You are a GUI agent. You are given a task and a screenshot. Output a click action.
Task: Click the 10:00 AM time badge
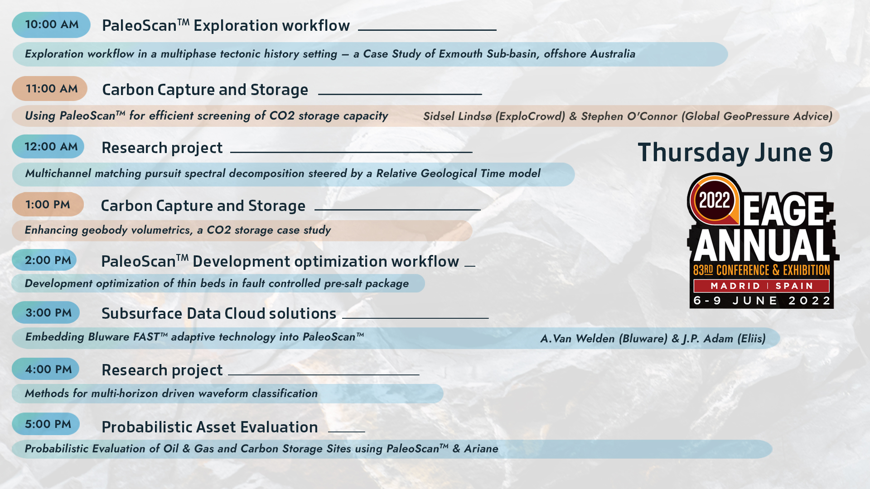click(x=51, y=25)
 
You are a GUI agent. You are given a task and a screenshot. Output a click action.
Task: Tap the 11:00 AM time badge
click(x=50, y=89)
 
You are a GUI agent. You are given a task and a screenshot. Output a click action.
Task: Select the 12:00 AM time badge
click(x=48, y=147)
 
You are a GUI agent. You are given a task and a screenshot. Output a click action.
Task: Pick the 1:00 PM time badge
click(x=48, y=205)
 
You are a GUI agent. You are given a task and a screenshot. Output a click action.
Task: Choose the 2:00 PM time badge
click(x=44, y=260)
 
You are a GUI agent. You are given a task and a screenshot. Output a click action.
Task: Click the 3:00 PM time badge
click(x=46, y=313)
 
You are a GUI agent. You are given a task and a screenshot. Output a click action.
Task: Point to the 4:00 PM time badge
click(x=46, y=369)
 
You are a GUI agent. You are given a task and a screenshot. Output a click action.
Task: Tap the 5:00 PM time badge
click(x=46, y=424)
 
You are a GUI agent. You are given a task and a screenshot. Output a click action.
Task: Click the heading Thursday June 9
click(x=735, y=153)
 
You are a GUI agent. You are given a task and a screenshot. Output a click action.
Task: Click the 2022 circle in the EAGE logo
click(x=715, y=200)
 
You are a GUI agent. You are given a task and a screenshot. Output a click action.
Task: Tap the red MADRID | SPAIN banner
click(x=761, y=286)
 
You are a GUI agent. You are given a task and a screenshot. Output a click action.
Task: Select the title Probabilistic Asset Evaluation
click(x=210, y=427)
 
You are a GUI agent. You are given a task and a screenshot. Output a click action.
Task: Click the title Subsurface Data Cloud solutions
click(x=219, y=313)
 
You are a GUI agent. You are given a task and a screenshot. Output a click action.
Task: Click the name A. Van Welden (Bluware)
click(x=604, y=339)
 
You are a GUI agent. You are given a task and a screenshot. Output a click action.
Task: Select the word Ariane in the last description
click(x=481, y=449)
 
